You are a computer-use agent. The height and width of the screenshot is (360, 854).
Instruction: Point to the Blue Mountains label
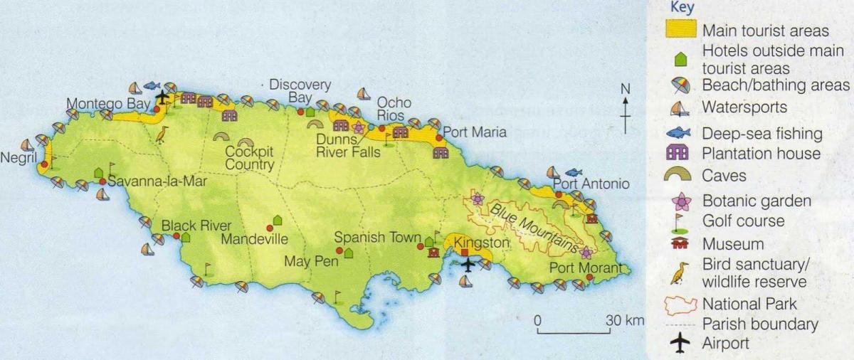coord(534,223)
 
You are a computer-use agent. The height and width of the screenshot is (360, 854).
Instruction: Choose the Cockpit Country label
coord(249,159)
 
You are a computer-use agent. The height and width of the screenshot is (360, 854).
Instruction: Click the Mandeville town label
coord(253,239)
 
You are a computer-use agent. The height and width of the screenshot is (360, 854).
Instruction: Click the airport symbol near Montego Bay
coord(164,96)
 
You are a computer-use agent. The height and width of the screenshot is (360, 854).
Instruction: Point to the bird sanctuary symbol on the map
coord(162,134)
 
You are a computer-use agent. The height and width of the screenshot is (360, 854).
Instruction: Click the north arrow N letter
coord(625,90)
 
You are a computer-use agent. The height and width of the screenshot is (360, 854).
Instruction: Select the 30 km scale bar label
coord(624,320)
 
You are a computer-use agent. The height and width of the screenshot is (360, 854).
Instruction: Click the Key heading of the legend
coord(681,8)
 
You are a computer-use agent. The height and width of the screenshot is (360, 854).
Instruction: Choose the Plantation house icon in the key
coord(680,153)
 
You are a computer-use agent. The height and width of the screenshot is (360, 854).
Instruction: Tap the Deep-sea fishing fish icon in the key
coord(680,133)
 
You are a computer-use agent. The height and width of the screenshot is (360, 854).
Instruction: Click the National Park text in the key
coord(749,305)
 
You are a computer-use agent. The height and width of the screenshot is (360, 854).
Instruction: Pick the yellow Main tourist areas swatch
coord(680,30)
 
